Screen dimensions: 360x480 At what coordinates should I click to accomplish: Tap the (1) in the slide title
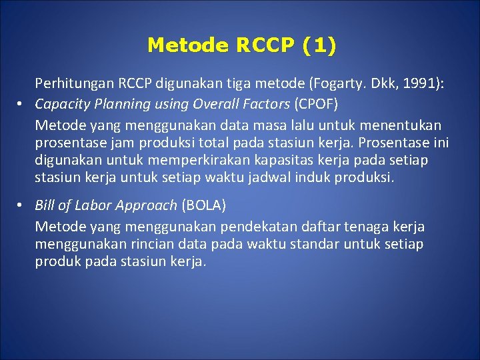(x=319, y=45)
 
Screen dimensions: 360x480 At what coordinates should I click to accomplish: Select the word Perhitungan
(x=75, y=84)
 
